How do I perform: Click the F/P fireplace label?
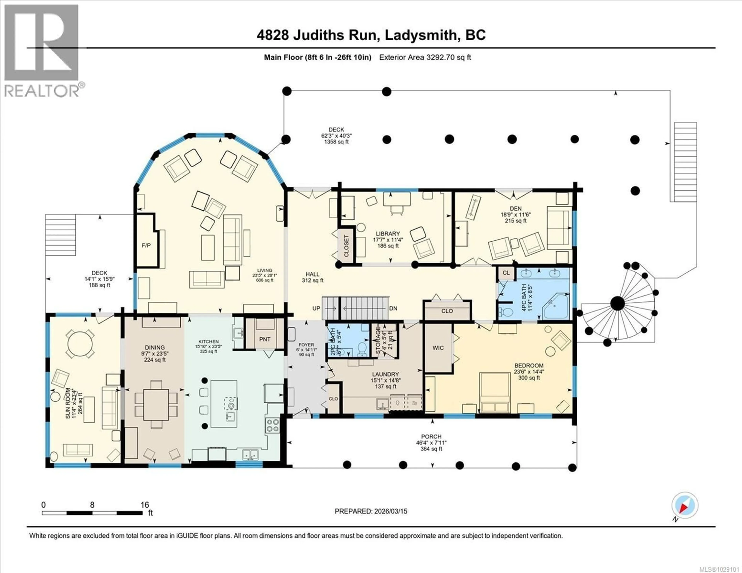(x=146, y=245)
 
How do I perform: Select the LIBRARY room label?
(x=388, y=234)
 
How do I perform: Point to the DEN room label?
(x=515, y=209)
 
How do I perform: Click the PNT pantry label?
(x=265, y=339)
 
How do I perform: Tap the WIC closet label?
(x=438, y=348)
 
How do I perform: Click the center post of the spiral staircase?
(x=617, y=303)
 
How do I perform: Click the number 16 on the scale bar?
(x=145, y=505)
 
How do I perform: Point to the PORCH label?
(x=431, y=436)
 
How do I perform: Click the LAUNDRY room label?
(x=385, y=374)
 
